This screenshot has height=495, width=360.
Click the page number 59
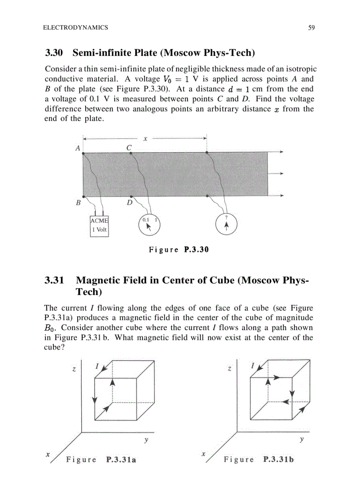pyautogui.click(x=311, y=28)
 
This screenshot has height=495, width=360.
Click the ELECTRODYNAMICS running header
pyautogui.click(x=75, y=28)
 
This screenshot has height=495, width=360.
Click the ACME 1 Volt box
pyautogui.click(x=99, y=225)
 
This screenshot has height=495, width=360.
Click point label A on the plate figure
pyautogui.click(x=78, y=148)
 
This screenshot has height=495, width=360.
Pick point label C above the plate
pyautogui.click(x=129, y=148)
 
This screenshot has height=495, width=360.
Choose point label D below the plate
pyautogui.click(x=130, y=203)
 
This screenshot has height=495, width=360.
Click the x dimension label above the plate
pyautogui.click(x=145, y=138)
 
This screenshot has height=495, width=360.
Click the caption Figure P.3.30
pyautogui.click(x=178, y=250)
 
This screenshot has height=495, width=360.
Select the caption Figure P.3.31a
pyautogui.click(x=101, y=460)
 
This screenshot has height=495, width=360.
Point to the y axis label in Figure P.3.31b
pyautogui.click(x=302, y=439)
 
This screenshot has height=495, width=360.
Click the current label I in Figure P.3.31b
pyautogui.click(x=253, y=365)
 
